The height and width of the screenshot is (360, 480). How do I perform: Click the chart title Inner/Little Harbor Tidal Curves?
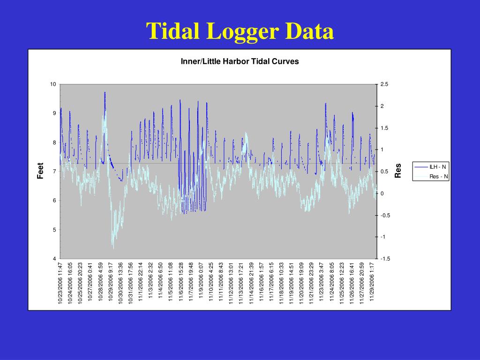click(240, 61)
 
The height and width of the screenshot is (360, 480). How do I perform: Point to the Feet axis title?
click(41, 171)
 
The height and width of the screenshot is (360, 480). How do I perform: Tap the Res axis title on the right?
click(398, 171)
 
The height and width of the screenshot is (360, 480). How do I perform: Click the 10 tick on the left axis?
click(53, 84)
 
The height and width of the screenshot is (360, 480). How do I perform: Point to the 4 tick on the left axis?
click(55, 259)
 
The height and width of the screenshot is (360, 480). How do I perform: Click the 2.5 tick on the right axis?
click(384, 84)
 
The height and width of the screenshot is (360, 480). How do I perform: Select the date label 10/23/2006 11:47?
click(60, 283)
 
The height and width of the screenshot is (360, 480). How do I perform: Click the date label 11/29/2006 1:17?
click(372, 283)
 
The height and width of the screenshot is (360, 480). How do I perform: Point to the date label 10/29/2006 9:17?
click(111, 283)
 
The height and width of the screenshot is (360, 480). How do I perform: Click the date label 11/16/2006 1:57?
click(262, 283)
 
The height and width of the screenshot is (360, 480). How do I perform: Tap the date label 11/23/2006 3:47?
click(322, 283)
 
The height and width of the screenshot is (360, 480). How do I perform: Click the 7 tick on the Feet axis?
click(55, 172)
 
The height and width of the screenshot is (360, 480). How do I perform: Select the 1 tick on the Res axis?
click(382, 150)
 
